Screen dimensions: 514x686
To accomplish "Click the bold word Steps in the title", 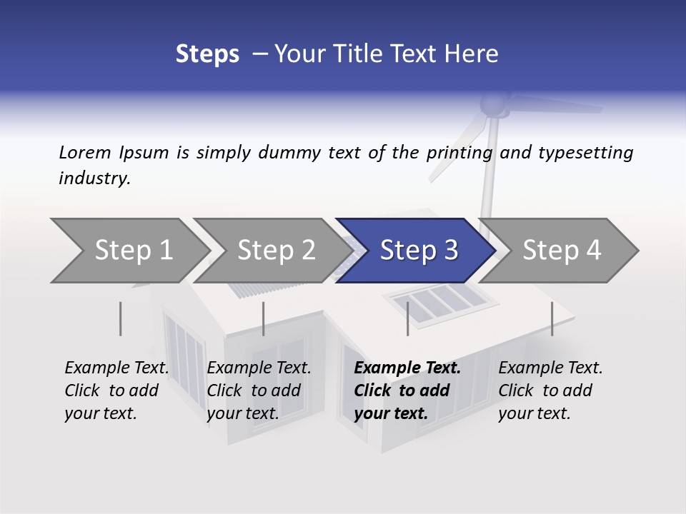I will click(207, 54).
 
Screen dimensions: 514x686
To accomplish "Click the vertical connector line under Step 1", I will click(120, 318).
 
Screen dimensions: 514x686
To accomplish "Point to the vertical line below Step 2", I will click(263, 318).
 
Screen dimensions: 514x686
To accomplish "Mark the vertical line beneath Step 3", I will click(407, 318).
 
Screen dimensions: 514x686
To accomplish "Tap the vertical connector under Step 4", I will click(552, 318).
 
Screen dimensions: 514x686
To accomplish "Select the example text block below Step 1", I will click(116, 390).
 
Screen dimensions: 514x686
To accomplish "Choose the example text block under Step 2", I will click(258, 390).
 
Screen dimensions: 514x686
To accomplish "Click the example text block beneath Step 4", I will click(550, 390).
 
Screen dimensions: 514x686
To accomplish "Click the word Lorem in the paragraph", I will click(85, 153).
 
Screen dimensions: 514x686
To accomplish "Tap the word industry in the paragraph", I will click(94, 178).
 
